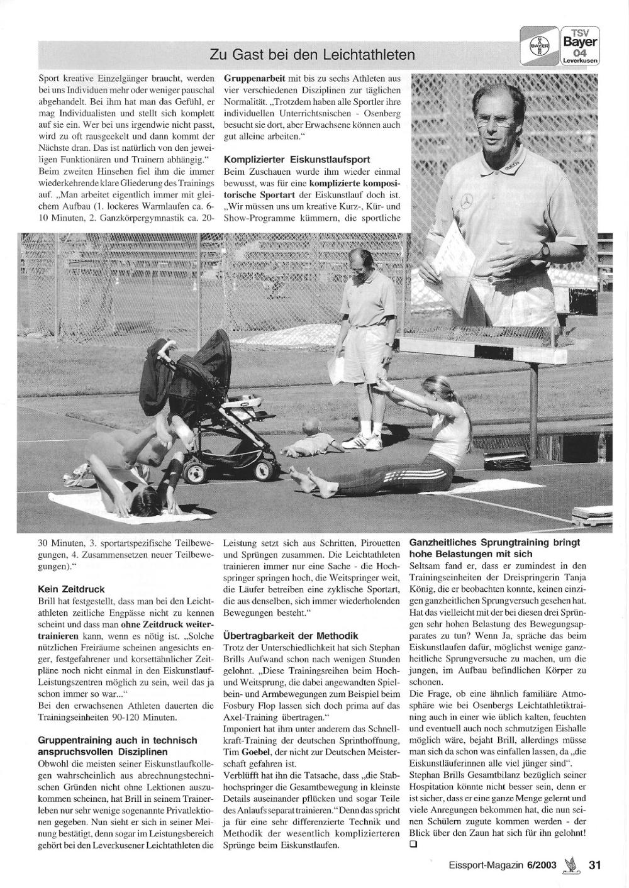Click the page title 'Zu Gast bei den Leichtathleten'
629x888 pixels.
(313, 55)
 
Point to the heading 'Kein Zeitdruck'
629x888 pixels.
(71, 589)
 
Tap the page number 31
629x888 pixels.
(595, 865)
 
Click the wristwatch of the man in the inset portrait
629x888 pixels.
(545, 250)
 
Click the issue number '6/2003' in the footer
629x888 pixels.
(542, 865)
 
